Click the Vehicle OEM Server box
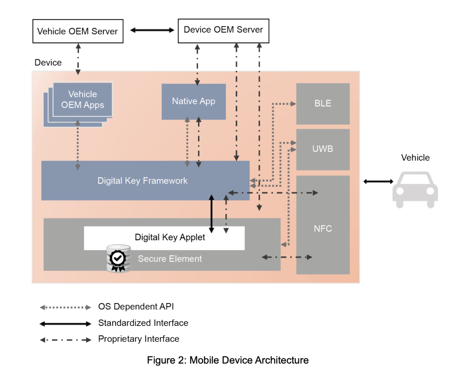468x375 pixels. point(78,31)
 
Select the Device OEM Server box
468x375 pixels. point(223,31)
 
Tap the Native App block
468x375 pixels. point(194,102)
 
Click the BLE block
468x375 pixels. point(323,104)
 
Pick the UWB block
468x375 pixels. point(323,149)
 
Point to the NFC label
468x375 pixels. point(323,229)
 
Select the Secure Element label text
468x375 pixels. point(170,259)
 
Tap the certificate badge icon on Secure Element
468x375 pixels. point(118,259)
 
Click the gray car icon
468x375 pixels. point(415,189)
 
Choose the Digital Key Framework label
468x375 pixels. point(143,181)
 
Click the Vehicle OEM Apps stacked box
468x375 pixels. point(82,100)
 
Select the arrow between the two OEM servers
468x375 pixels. point(152,30)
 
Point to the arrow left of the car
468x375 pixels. point(378,181)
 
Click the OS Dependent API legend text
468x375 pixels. point(136,307)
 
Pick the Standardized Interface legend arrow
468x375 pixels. point(65,324)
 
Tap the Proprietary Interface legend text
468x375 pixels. point(139,339)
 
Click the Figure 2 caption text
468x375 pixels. point(228,360)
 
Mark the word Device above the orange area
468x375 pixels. point(48,63)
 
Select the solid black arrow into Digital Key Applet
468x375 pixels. point(212,214)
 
